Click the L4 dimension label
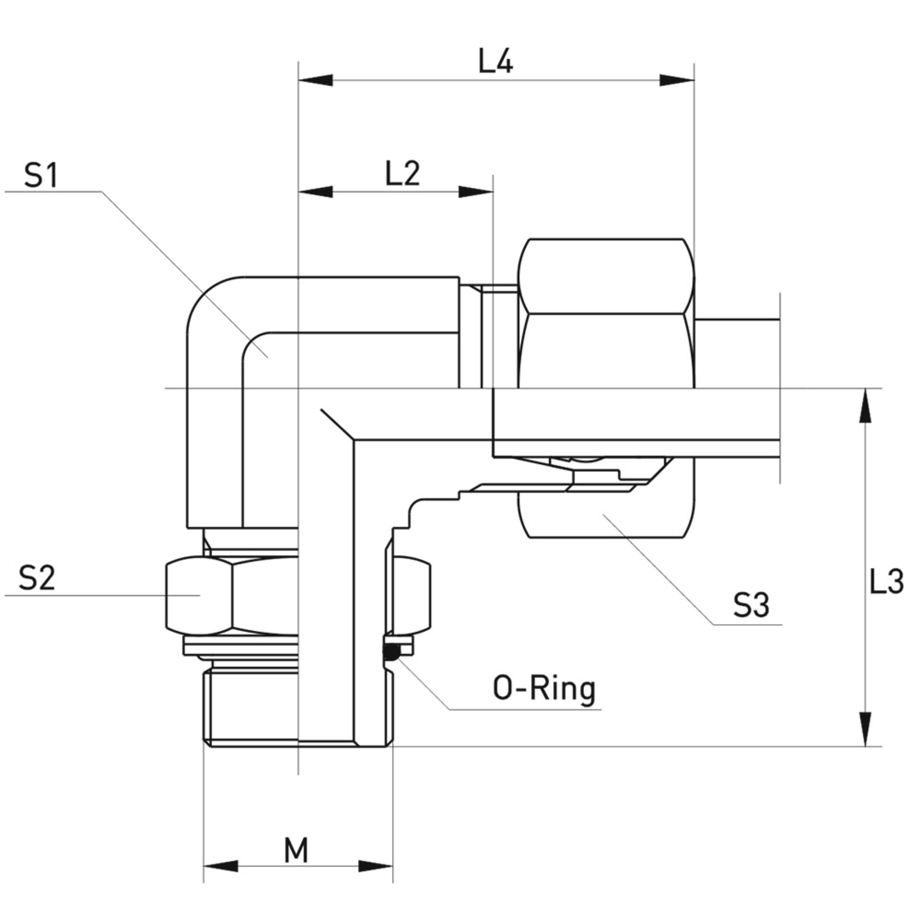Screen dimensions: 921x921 coord(496,63)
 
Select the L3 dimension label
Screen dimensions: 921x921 coord(886,582)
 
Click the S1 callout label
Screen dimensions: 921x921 coord(41,176)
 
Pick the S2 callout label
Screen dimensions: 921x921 coord(37,578)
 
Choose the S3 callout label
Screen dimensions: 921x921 coord(751,606)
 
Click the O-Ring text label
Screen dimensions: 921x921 coord(544,689)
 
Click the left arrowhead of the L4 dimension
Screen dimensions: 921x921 coord(316,80)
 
